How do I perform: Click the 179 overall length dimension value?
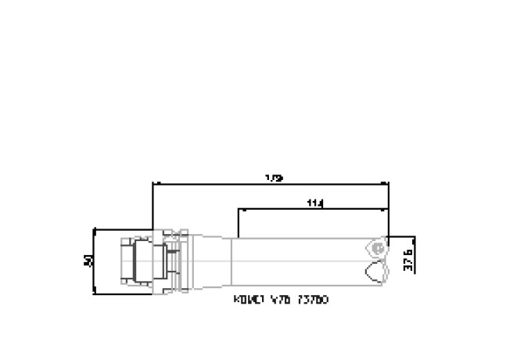(x=274, y=178)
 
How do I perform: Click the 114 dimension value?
(x=316, y=203)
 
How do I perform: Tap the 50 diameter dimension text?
(x=88, y=261)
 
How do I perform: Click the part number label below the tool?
(x=281, y=299)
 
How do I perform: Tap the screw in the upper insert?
(x=379, y=248)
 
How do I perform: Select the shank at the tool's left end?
(x=133, y=261)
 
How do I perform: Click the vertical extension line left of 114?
(x=237, y=223)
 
